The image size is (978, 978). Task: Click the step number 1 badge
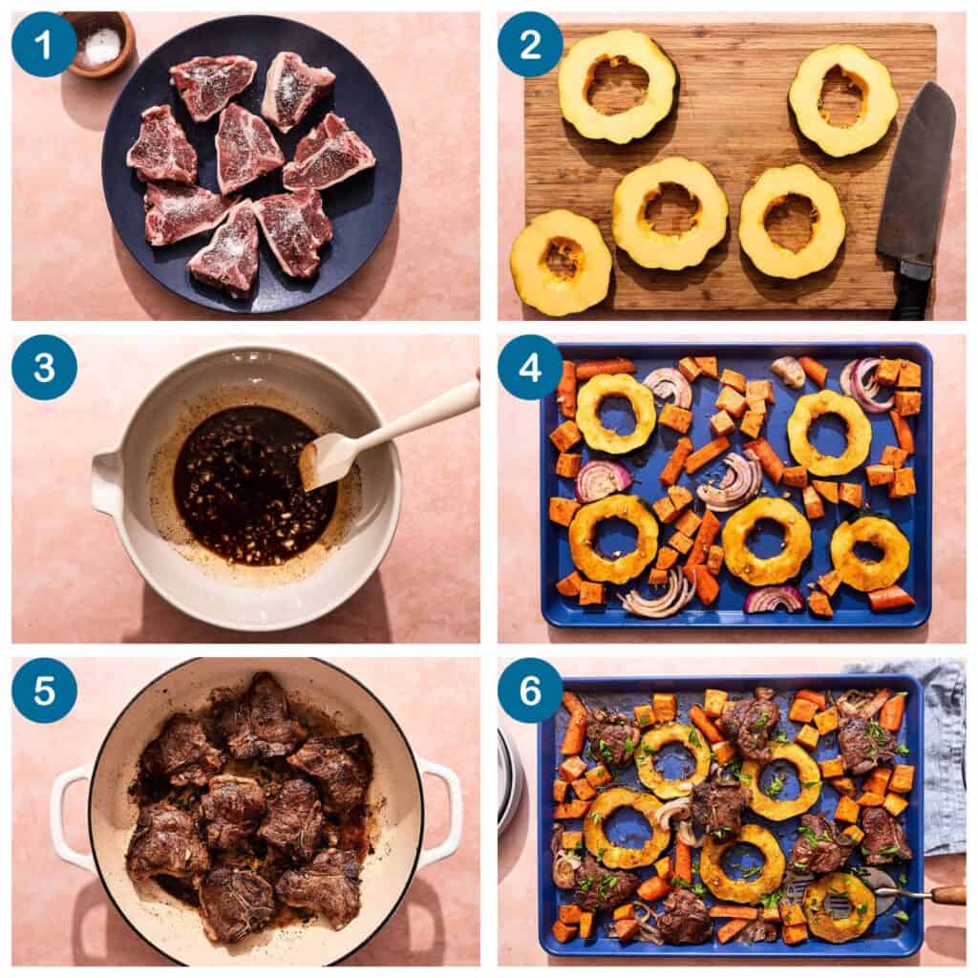44,44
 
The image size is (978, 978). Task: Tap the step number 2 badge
530,44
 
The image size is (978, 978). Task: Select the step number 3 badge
44,368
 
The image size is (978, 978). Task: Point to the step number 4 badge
530,368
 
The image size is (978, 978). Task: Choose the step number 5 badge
44,691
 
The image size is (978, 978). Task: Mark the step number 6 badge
530,691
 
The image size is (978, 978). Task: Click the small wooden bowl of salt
99,45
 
